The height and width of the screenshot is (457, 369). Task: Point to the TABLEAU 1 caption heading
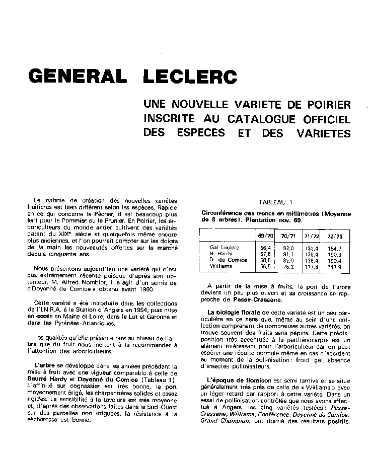(x=275, y=202)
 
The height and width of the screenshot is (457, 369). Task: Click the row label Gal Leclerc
(x=225, y=248)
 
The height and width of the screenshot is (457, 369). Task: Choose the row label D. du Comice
(x=229, y=260)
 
